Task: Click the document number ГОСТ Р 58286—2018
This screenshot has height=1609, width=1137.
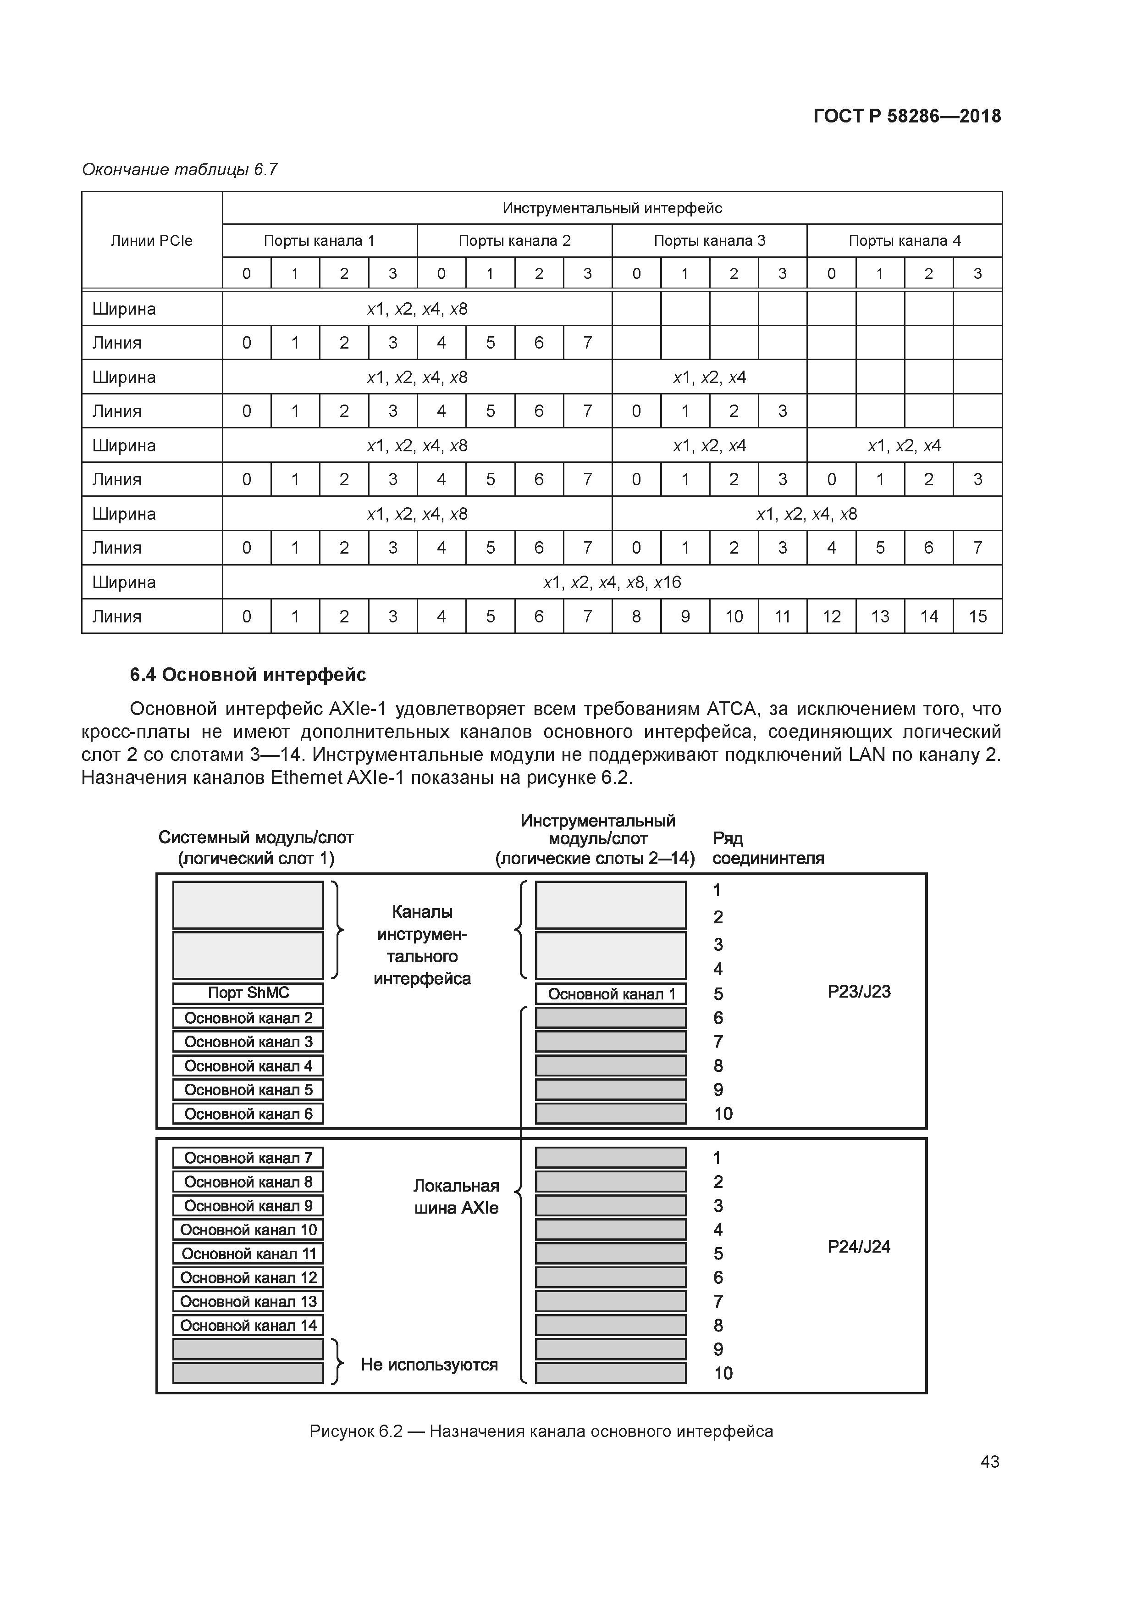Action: pyautogui.click(x=907, y=117)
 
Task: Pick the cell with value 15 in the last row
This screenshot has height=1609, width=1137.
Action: pyautogui.click(x=977, y=617)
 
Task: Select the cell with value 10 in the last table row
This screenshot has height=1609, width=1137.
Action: pyautogui.click(x=734, y=617)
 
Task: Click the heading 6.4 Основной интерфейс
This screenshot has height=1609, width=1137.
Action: pyautogui.click(x=248, y=675)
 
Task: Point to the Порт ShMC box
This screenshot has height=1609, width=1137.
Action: pyautogui.click(x=248, y=993)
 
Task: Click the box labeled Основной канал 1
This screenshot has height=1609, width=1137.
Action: pyautogui.click(x=611, y=994)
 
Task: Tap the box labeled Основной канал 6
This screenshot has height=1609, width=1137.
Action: pyautogui.click(x=248, y=1114)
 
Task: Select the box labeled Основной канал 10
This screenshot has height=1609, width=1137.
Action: pyautogui.click(x=248, y=1229)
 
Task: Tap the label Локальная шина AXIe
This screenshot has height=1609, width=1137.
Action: pyautogui.click(x=456, y=1197)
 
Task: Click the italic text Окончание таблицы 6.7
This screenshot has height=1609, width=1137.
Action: pyautogui.click(x=180, y=170)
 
